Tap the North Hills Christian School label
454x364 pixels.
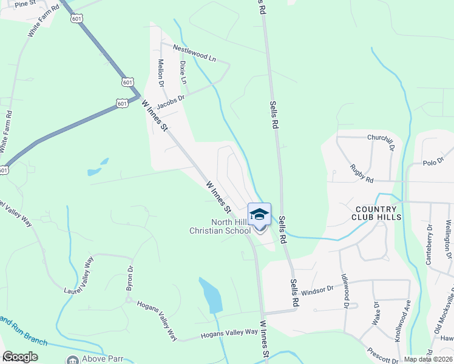tap(220, 226)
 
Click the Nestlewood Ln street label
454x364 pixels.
tap(194, 53)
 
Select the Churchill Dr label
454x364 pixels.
tap(381, 140)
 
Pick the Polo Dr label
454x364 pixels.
tap(434, 162)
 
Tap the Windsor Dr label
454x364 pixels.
tap(317, 290)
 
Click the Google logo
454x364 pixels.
tap(20, 357)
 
